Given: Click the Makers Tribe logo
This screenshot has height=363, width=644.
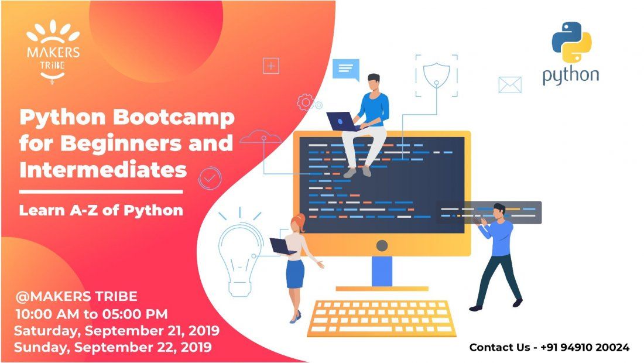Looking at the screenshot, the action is (53, 52).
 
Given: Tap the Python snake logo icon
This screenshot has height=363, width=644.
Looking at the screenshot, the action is (571, 42).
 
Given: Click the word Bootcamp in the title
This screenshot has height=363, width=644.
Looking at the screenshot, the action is (173, 118).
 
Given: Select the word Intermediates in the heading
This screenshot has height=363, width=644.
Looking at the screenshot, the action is (103, 170).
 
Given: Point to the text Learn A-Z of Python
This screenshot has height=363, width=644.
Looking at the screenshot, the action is (101, 210).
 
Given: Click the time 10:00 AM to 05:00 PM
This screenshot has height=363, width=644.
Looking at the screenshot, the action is (91, 314).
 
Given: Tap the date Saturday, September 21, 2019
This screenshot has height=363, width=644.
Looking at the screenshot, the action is (117, 331).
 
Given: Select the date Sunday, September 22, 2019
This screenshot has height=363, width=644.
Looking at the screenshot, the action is (113, 347).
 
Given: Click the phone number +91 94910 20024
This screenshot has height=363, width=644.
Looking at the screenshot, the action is (585, 347).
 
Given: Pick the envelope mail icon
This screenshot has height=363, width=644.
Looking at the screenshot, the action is (510, 85).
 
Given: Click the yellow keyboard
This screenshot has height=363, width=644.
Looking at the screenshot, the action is (382, 319).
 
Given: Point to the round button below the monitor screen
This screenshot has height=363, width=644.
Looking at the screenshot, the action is (382, 245).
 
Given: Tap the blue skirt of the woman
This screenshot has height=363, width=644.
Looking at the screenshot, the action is (295, 274).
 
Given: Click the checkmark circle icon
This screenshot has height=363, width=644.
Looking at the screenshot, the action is (210, 178).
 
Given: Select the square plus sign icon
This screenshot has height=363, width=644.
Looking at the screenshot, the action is (271, 66).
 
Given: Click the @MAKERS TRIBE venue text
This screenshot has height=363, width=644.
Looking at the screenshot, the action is (76, 296).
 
